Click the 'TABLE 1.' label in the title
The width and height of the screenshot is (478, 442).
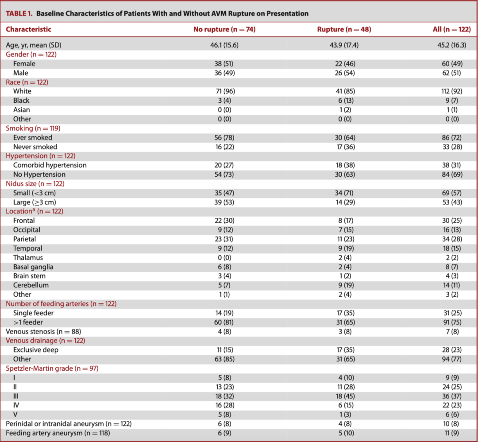coord(19,13)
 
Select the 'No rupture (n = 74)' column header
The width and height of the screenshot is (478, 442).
coord(224,29)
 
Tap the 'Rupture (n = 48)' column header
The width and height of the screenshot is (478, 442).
coord(344,29)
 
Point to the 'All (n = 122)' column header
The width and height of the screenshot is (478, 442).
coord(452,29)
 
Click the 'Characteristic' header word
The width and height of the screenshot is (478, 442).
coord(28,29)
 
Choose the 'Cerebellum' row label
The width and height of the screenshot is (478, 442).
coord(31,285)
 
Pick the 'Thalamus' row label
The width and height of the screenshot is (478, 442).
coord(28,258)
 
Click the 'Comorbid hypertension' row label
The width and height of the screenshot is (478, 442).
coord(50,165)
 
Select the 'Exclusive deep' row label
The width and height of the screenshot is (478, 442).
coord(36,350)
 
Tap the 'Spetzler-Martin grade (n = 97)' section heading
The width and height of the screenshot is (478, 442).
coord(52,368)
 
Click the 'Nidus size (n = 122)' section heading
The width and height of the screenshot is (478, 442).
coord(35,184)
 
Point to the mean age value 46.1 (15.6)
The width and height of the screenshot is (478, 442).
coord(224,45)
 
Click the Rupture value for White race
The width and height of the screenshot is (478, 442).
coord(345,91)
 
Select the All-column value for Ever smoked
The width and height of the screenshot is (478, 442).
coord(452,138)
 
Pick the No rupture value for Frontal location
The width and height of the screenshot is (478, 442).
coord(224,221)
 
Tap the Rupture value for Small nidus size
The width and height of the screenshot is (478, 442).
coord(345,193)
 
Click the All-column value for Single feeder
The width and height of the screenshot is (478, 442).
coord(452,313)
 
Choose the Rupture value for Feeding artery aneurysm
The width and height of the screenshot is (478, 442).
coord(345,433)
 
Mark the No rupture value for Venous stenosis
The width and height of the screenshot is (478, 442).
coord(224,332)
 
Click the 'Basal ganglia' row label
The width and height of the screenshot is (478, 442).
coord(33,267)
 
